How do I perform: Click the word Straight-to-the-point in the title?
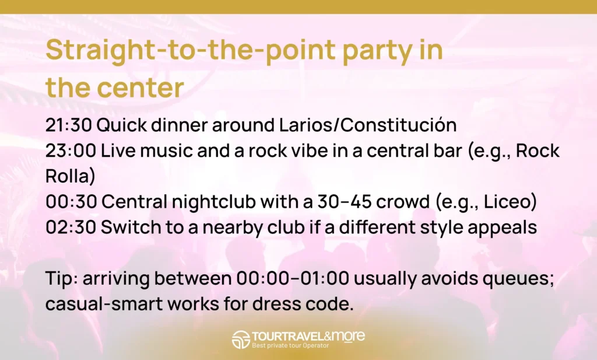(x=191, y=51)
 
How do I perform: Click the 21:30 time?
(x=69, y=125)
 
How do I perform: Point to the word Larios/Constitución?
(x=368, y=125)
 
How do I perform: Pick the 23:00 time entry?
(x=71, y=151)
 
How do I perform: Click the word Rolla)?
(x=70, y=176)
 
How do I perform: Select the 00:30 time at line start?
(x=71, y=202)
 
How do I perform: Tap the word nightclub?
(x=214, y=202)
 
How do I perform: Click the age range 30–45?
(x=344, y=202)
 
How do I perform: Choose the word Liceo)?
(x=510, y=201)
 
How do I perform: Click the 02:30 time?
(x=71, y=228)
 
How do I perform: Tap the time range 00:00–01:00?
(x=293, y=278)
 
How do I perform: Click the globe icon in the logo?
(x=241, y=340)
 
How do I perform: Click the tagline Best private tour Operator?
(x=290, y=345)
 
